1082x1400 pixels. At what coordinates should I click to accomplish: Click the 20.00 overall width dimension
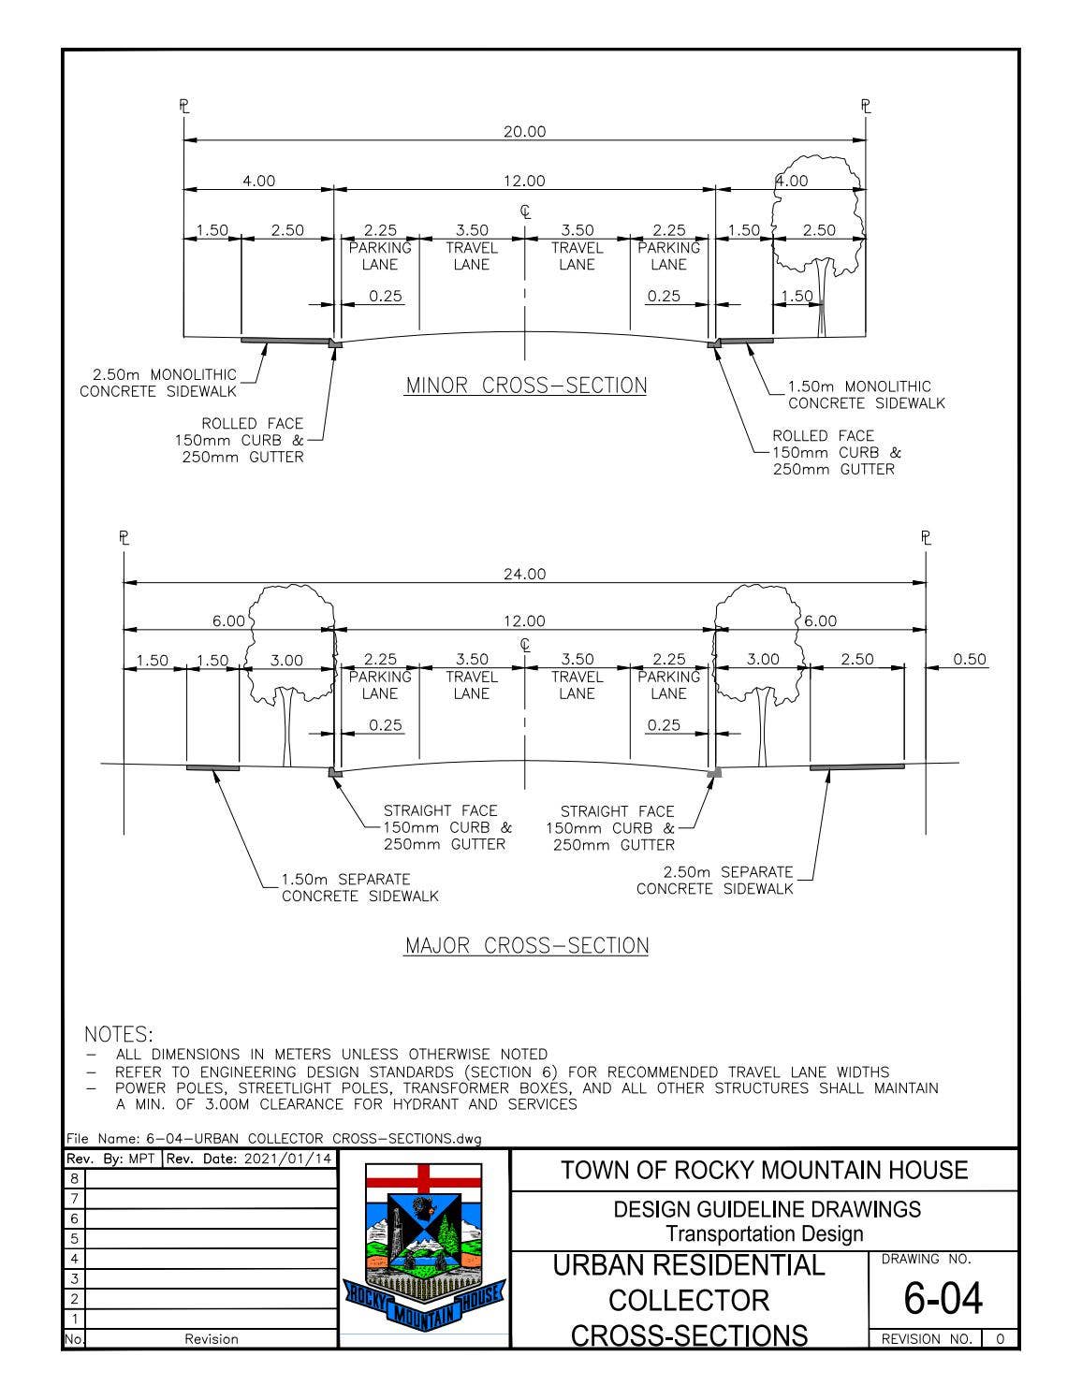524,132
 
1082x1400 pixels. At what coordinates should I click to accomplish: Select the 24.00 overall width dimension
524,574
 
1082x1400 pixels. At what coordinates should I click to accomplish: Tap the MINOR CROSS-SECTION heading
526,386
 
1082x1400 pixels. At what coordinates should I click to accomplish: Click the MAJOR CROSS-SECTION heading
526,945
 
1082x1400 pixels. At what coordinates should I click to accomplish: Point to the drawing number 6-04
943,1299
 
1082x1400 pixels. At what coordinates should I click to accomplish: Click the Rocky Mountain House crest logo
424,1249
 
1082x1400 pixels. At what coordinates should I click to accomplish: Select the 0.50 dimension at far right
970,659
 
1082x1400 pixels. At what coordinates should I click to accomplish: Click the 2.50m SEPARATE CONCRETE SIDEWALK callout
715,880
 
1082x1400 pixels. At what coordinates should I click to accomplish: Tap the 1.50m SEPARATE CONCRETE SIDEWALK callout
359,888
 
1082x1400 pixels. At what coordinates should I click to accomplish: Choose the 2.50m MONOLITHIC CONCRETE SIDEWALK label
158,384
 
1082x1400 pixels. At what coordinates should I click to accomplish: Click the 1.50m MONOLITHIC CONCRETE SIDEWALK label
866,395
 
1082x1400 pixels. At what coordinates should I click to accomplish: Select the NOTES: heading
119,1034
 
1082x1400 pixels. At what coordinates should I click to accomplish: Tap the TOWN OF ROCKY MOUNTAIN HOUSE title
764,1170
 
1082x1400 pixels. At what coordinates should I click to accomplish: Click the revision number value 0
1000,1339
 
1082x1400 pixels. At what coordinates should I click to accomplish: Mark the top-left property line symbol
184,106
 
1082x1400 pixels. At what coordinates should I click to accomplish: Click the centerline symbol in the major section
525,645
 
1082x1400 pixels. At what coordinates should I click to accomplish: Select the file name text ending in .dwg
273,1139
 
